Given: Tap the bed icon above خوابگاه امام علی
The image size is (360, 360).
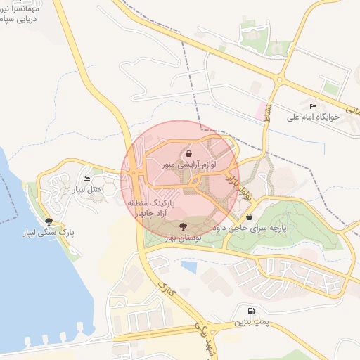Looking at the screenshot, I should tap(313, 106).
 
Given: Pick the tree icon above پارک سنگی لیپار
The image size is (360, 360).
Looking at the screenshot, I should tap(48, 221).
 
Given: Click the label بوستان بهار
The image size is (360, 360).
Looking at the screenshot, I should tap(184, 238).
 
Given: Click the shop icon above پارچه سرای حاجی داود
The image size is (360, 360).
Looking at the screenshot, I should tap(250, 217).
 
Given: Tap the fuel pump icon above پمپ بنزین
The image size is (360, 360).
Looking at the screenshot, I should tap(250, 310).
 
